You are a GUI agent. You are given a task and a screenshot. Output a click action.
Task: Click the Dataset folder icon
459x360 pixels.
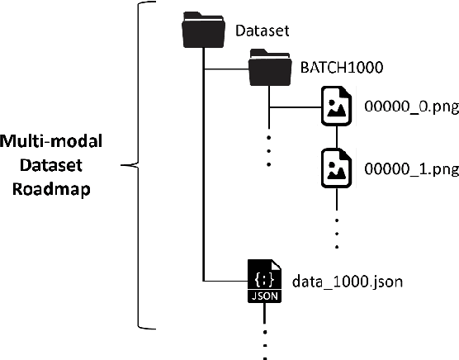[202, 32]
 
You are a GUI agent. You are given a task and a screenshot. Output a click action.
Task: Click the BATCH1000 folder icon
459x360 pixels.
[268, 66]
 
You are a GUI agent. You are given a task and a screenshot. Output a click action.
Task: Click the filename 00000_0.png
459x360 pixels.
[410, 107]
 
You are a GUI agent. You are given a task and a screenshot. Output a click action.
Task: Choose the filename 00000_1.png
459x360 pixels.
[410, 170]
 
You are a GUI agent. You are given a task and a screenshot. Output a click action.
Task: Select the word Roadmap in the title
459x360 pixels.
[49, 187]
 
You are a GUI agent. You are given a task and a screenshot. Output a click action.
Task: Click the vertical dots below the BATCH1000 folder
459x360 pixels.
[268, 149]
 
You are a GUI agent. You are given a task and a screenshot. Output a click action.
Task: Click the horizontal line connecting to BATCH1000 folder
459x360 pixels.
[227, 68]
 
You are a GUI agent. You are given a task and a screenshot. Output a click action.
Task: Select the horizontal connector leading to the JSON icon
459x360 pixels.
[225, 282]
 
